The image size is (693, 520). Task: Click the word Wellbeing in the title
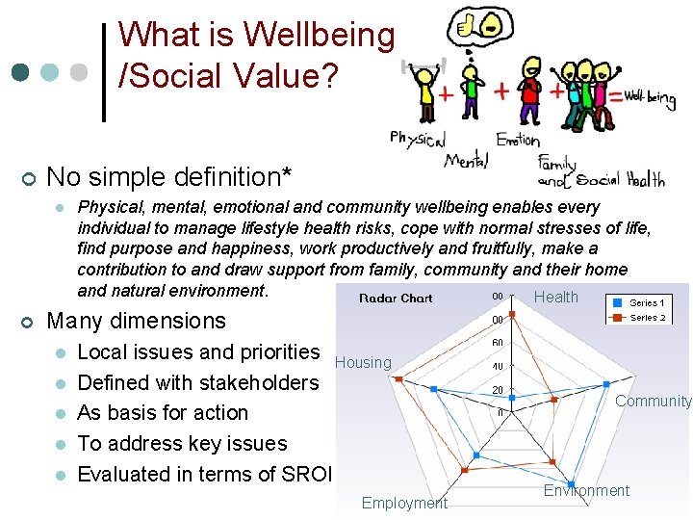pos(319,36)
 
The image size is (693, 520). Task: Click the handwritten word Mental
pos(466,160)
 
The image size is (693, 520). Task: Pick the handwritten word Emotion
pos(518,139)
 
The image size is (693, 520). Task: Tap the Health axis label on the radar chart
pos(556,297)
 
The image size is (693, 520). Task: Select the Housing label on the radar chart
pos(363,362)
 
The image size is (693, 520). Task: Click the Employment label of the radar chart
pos(404,503)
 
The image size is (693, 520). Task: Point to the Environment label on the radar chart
pos(586,490)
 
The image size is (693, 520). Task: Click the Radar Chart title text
pos(396,298)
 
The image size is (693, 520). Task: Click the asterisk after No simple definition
pos(286,173)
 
